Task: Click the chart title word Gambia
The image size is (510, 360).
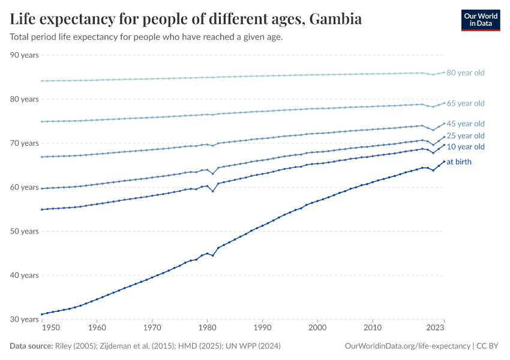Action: (x=335, y=19)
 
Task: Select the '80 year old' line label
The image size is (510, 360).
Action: (x=465, y=73)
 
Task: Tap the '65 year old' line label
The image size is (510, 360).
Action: (x=465, y=103)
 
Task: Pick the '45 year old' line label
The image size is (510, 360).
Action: (x=465, y=124)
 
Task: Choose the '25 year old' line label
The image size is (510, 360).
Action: (x=465, y=136)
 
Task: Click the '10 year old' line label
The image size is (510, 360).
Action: (x=465, y=146)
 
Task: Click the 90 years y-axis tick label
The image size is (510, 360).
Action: (x=25, y=55)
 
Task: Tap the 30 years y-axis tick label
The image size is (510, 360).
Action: (x=25, y=319)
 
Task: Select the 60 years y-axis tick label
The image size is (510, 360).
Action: (x=25, y=187)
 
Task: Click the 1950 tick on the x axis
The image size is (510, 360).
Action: (x=51, y=328)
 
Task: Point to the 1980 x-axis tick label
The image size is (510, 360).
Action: (x=207, y=328)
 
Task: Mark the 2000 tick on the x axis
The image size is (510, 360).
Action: (x=317, y=328)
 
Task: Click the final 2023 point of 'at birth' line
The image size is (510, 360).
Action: (x=444, y=161)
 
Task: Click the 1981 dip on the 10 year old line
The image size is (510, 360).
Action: (x=212, y=191)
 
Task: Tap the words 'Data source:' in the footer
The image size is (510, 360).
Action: (x=30, y=346)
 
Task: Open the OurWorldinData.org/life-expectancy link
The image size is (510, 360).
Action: (x=408, y=346)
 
